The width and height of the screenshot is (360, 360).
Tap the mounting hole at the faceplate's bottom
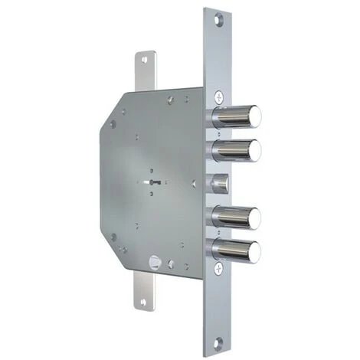tap(221, 341)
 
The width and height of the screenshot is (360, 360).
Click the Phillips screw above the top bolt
tap(220, 97)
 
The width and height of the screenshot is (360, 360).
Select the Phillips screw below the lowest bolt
tap(220, 268)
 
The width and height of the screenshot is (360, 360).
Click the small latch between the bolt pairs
tap(219, 183)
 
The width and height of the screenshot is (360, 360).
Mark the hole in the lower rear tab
tap(143, 306)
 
